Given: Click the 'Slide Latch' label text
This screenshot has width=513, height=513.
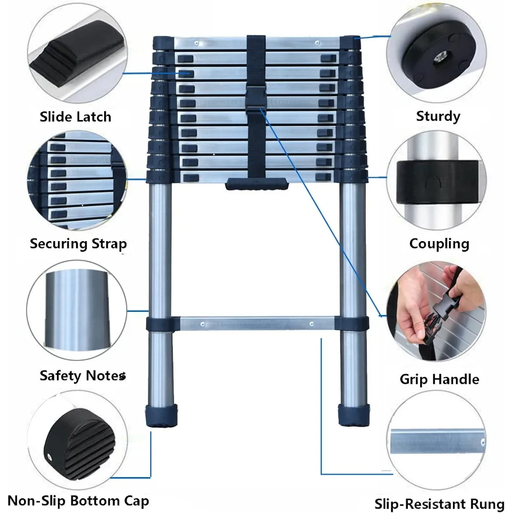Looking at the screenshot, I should pyautogui.click(x=75, y=117).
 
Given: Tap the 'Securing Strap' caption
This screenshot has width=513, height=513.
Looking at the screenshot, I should pyautogui.click(x=78, y=243).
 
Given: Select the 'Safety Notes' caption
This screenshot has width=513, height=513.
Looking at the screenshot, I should pyautogui.click(x=82, y=376).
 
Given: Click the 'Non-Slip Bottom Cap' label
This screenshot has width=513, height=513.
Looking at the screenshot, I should pyautogui.click(x=78, y=501).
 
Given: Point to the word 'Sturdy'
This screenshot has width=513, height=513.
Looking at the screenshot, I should pyautogui.click(x=438, y=116).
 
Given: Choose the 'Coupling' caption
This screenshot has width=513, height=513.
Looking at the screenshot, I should pyautogui.click(x=439, y=243).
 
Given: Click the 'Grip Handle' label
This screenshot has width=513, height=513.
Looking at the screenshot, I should pyautogui.click(x=439, y=379).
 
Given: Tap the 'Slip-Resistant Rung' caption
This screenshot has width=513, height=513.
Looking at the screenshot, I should pyautogui.click(x=440, y=504).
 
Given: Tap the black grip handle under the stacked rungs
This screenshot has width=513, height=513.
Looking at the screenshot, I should pyautogui.click(x=256, y=184).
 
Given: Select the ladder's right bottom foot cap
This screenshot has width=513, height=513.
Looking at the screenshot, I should pyautogui.click(x=353, y=415).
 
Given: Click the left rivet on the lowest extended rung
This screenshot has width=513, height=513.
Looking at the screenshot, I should pyautogui.click(x=202, y=324).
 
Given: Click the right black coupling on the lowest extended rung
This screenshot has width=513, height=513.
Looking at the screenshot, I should pyautogui.click(x=353, y=324).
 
